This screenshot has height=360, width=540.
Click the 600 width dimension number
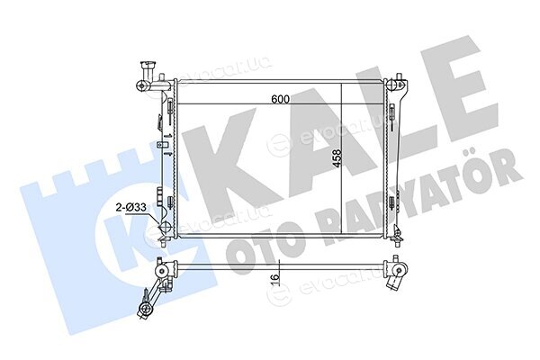[x=280, y=99]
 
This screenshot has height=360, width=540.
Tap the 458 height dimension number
[x=337, y=158]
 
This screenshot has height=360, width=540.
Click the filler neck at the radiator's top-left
[x=148, y=70]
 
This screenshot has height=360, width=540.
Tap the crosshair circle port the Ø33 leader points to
[x=165, y=227]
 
